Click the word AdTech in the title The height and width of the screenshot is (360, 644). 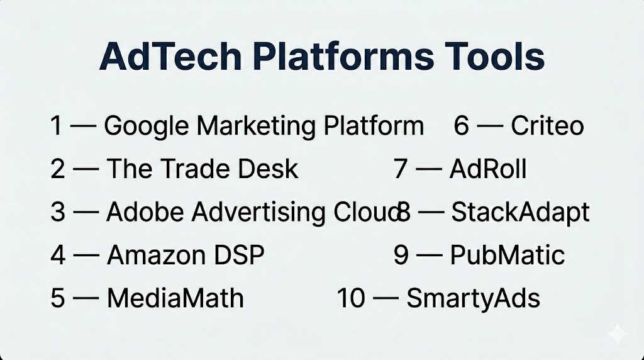(x=170, y=56)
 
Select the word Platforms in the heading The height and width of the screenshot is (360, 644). (x=343, y=56)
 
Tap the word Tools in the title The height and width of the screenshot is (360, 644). (x=495, y=56)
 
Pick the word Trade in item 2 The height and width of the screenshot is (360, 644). (x=195, y=169)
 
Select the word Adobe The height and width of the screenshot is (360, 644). (x=145, y=211)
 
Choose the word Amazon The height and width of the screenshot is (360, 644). (x=157, y=255)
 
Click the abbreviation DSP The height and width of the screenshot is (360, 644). (x=239, y=255)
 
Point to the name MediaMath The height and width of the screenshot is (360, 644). (x=175, y=298)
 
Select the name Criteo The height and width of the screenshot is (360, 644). (x=547, y=125)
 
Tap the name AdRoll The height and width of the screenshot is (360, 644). (x=488, y=169)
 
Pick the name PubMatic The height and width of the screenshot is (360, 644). (x=508, y=255)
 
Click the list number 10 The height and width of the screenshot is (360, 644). (x=351, y=298)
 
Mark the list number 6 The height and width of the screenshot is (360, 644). (x=461, y=125)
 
